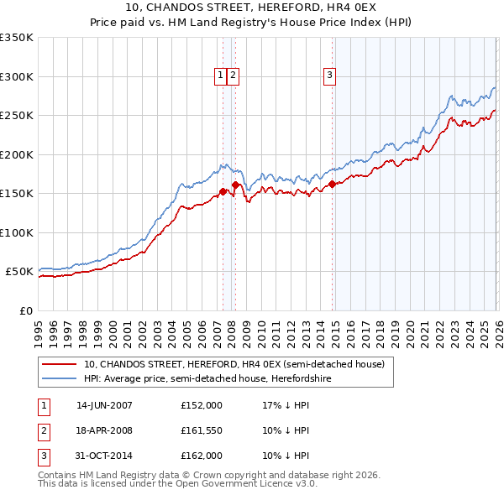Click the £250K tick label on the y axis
pyautogui.click(x=17, y=115)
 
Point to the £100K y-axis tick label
pyautogui.click(x=17, y=232)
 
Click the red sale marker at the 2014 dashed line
pyautogui.click(x=333, y=184)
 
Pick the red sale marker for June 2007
pyautogui.click(x=223, y=191)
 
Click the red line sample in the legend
pyautogui.click(x=59, y=364)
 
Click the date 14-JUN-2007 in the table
pyautogui.click(x=104, y=404)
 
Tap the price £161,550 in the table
pyautogui.click(x=201, y=430)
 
